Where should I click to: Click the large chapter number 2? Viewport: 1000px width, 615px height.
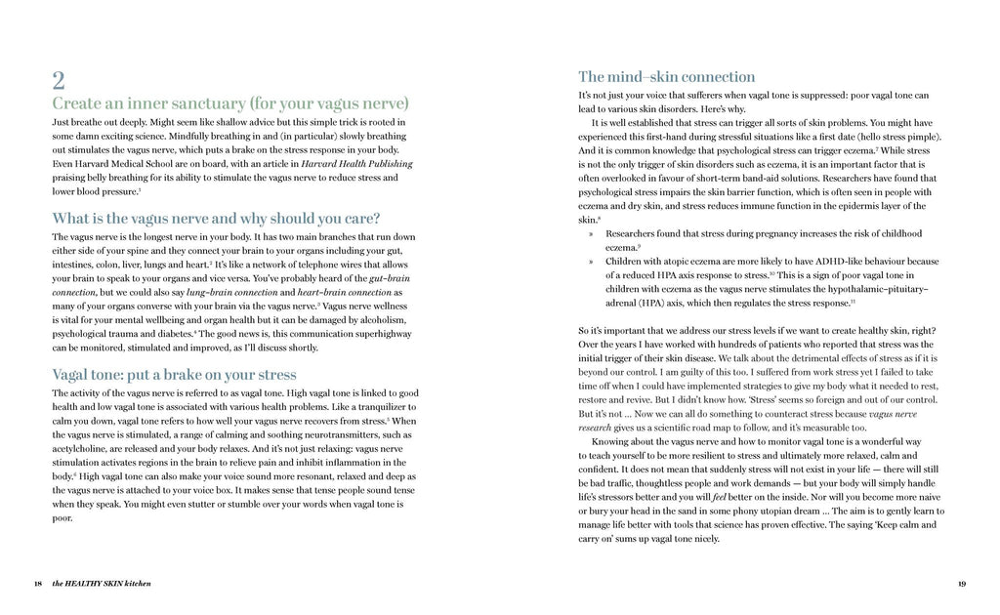[59, 79]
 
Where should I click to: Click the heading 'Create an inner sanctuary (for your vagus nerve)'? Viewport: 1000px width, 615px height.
[230, 103]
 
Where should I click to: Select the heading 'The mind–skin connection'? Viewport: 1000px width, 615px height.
[666, 76]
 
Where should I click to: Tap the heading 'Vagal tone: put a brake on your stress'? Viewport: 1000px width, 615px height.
[174, 374]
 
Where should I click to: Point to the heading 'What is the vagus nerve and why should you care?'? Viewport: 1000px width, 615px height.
[216, 218]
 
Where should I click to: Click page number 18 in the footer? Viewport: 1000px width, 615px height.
[37, 584]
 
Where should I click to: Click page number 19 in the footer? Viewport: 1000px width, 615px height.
[962, 584]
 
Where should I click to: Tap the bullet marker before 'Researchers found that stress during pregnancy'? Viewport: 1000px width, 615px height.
[591, 234]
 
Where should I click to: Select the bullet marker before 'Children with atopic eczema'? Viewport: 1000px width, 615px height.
[591, 262]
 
